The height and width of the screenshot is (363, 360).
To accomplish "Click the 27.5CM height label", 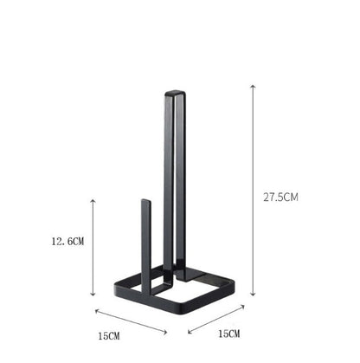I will [x=281, y=198].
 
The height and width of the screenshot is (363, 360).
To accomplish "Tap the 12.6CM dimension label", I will [x=67, y=240].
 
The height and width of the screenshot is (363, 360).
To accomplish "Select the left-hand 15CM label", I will [x=109, y=334].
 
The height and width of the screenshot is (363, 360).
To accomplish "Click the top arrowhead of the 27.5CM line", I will [x=253, y=86].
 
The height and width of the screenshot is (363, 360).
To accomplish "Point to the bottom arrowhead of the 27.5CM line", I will [x=253, y=295].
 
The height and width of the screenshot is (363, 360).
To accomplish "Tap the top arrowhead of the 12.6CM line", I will [x=93, y=199].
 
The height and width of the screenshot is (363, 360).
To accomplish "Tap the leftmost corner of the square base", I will [x=111, y=290].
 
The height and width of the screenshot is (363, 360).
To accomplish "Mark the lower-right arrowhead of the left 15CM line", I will [x=167, y=333].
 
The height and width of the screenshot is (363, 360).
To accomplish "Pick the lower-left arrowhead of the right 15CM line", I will [x=188, y=332].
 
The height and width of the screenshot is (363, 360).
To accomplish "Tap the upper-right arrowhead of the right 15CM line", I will [x=244, y=304].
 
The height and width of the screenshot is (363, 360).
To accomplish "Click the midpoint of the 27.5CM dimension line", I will [x=253, y=191].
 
